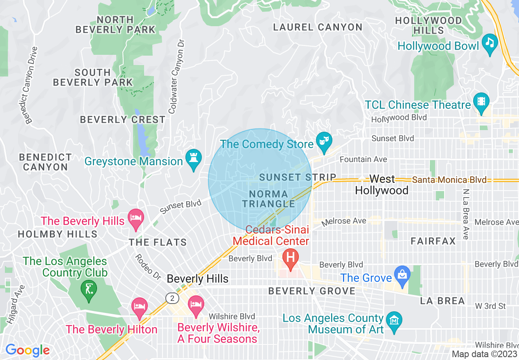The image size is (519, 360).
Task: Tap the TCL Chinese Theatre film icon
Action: [x=481, y=101]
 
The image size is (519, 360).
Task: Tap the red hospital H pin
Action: [x=291, y=258]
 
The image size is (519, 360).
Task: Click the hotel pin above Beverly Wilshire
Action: [x=196, y=304]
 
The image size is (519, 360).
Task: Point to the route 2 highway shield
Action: [x=172, y=298]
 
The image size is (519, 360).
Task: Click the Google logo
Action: [x=27, y=350]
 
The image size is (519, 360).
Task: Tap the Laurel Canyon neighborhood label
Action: [x=318, y=27]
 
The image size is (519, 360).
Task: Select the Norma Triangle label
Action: [x=269, y=199]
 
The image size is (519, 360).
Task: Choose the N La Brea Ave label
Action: [x=466, y=214]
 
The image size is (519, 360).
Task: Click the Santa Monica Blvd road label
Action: [x=449, y=180]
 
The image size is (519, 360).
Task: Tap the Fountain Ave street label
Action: [x=363, y=159]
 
